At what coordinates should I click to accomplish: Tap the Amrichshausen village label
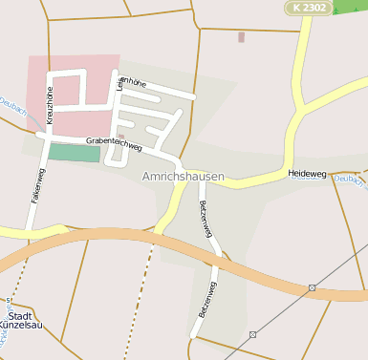[x=184, y=177]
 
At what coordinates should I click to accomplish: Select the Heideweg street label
[x=306, y=174]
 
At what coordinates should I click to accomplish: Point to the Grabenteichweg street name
[x=114, y=145]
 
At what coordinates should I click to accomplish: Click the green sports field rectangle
[x=74, y=152]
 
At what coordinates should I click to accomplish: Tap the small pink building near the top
[x=241, y=37]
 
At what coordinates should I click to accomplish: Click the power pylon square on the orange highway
[x=313, y=287]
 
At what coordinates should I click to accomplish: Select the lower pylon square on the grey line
[x=252, y=334]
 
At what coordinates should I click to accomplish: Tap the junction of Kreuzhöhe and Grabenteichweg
[x=45, y=135]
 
